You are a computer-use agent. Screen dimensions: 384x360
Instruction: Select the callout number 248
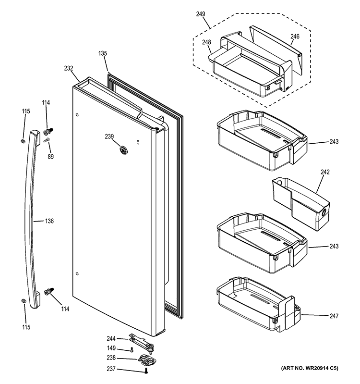(x=207, y=43)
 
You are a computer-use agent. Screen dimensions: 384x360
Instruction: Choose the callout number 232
(x=68, y=69)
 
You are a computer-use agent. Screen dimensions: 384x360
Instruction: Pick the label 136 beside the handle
(x=49, y=221)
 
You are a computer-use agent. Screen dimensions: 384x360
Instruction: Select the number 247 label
(x=334, y=316)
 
